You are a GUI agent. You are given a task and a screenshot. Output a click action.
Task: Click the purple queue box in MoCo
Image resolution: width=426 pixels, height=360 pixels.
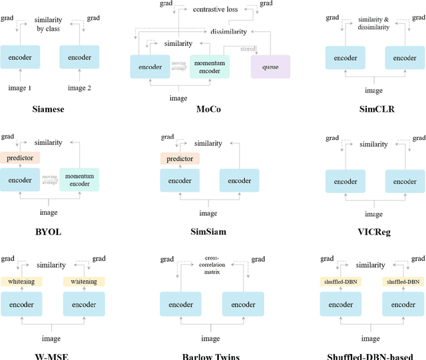(270, 67)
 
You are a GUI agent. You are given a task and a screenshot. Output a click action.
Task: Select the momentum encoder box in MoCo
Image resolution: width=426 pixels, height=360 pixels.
(210, 67)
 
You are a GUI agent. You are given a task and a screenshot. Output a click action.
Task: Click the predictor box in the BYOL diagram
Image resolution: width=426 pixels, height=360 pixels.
(20, 158)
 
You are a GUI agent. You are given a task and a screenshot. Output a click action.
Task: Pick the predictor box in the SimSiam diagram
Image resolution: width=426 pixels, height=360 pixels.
(180, 158)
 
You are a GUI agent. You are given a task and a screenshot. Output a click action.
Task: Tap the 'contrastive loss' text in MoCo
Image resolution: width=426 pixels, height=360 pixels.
(216, 10)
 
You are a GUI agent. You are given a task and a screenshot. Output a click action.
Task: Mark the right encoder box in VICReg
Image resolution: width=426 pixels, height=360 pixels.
(405, 181)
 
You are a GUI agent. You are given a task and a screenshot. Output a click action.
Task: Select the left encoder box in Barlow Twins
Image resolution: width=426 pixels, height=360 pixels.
(180, 304)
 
